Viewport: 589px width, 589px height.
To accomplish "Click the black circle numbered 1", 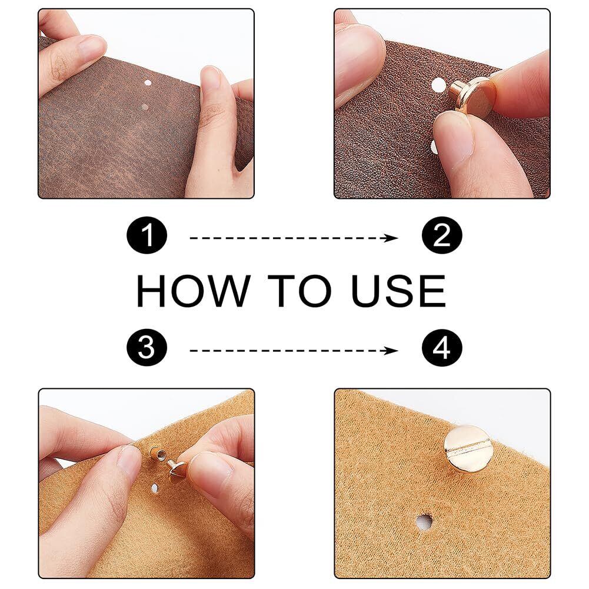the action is pyautogui.click(x=147, y=235).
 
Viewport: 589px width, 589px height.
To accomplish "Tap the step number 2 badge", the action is pyautogui.click(x=442, y=235).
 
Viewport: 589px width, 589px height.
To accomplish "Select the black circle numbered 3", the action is pyautogui.click(x=147, y=347).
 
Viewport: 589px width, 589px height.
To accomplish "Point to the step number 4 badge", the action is pyautogui.click(x=442, y=347).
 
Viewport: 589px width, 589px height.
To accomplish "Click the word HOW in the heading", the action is pyautogui.click(x=193, y=291).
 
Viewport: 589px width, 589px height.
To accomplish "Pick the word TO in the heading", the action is pyautogui.click(x=300, y=291).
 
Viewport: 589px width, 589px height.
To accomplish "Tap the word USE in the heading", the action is pyautogui.click(x=398, y=291).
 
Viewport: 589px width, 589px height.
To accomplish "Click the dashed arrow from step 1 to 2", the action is pyautogui.click(x=294, y=238).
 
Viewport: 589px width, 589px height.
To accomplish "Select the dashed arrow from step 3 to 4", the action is pyautogui.click(x=294, y=351).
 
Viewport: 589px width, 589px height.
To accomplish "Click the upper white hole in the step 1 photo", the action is pyautogui.click(x=148, y=83).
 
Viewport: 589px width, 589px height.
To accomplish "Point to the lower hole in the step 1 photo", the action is pyautogui.click(x=145, y=107).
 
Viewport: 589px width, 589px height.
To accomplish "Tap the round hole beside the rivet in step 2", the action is pyautogui.click(x=438, y=85).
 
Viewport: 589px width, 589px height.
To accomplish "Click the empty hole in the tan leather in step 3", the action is pyautogui.click(x=155, y=488).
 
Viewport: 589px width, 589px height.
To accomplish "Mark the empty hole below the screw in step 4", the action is pyautogui.click(x=424, y=522).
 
